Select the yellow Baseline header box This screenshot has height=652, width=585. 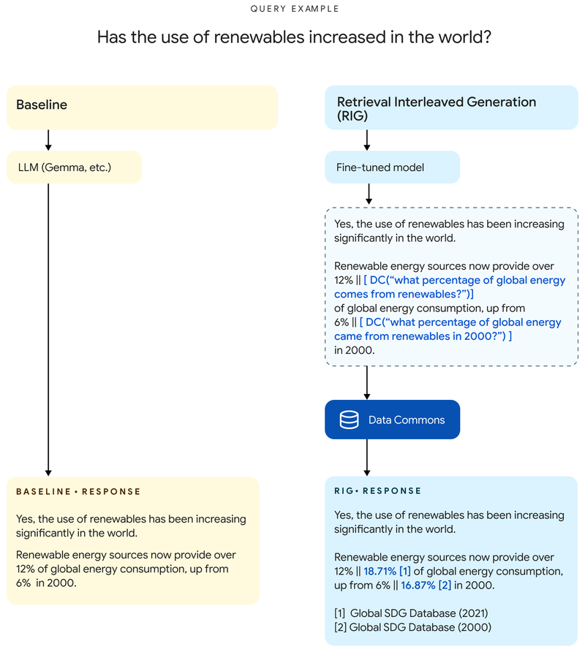(x=142, y=107)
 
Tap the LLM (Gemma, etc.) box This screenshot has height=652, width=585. (x=74, y=167)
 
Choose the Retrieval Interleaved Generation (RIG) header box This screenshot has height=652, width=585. (x=451, y=107)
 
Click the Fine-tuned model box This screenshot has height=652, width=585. (x=392, y=167)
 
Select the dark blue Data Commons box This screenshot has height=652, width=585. (x=392, y=420)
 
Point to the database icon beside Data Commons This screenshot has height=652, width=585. (x=349, y=420)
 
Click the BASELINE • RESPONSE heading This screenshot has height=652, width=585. (x=78, y=492)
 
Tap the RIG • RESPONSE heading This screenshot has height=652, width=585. (x=378, y=491)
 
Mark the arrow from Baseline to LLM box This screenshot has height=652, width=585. (x=48, y=140)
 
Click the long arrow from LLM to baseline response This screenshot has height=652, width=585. (x=48, y=329)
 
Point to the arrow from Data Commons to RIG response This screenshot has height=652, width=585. (x=367, y=458)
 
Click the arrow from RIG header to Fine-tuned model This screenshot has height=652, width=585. (x=367, y=140)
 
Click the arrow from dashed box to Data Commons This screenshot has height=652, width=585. (x=367, y=382)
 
